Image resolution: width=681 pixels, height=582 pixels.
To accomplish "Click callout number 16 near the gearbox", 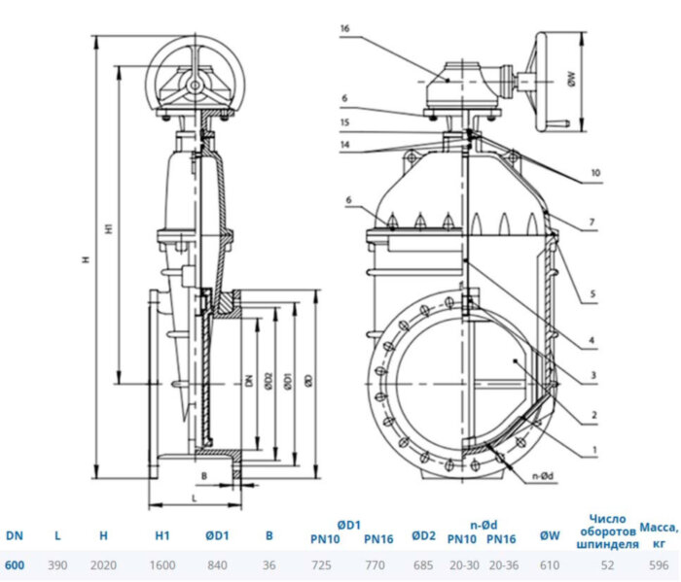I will click(x=343, y=30).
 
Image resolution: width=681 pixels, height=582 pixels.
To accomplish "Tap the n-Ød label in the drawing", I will click(x=543, y=476).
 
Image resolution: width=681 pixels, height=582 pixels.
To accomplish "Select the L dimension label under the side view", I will click(x=195, y=497).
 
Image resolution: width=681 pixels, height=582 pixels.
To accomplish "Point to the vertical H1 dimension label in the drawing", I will click(x=110, y=228).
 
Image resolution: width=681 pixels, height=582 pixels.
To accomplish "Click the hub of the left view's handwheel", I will click(x=196, y=86).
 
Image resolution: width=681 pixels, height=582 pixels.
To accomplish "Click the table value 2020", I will click(x=103, y=564).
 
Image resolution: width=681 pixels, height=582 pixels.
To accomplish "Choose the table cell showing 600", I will click(x=15, y=564).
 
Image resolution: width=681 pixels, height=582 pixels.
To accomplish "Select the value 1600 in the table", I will click(x=162, y=564).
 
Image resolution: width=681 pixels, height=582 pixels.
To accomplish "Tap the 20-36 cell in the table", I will click(x=502, y=564).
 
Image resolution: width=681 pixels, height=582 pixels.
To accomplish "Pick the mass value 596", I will click(x=658, y=564).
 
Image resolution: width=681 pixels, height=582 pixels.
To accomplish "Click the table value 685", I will click(x=422, y=564).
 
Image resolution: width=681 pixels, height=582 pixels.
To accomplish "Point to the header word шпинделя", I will click(x=607, y=544).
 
